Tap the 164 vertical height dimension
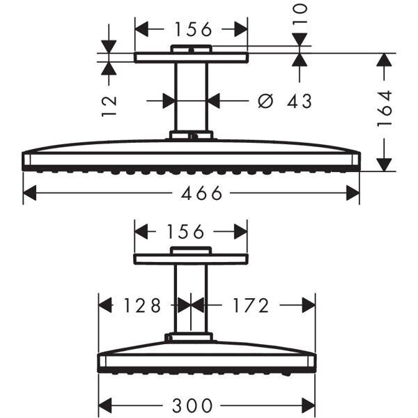(385, 109)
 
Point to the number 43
(299, 101)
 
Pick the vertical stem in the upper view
(191, 98)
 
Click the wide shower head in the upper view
(191, 157)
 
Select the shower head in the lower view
(207, 357)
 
